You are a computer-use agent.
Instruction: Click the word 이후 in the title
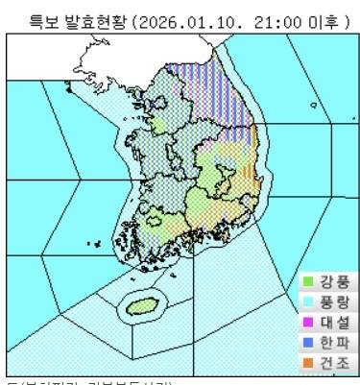pos(302,22)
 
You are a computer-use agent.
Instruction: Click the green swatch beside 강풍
pos(307,282)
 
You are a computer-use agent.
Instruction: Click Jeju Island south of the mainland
pos(140,308)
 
